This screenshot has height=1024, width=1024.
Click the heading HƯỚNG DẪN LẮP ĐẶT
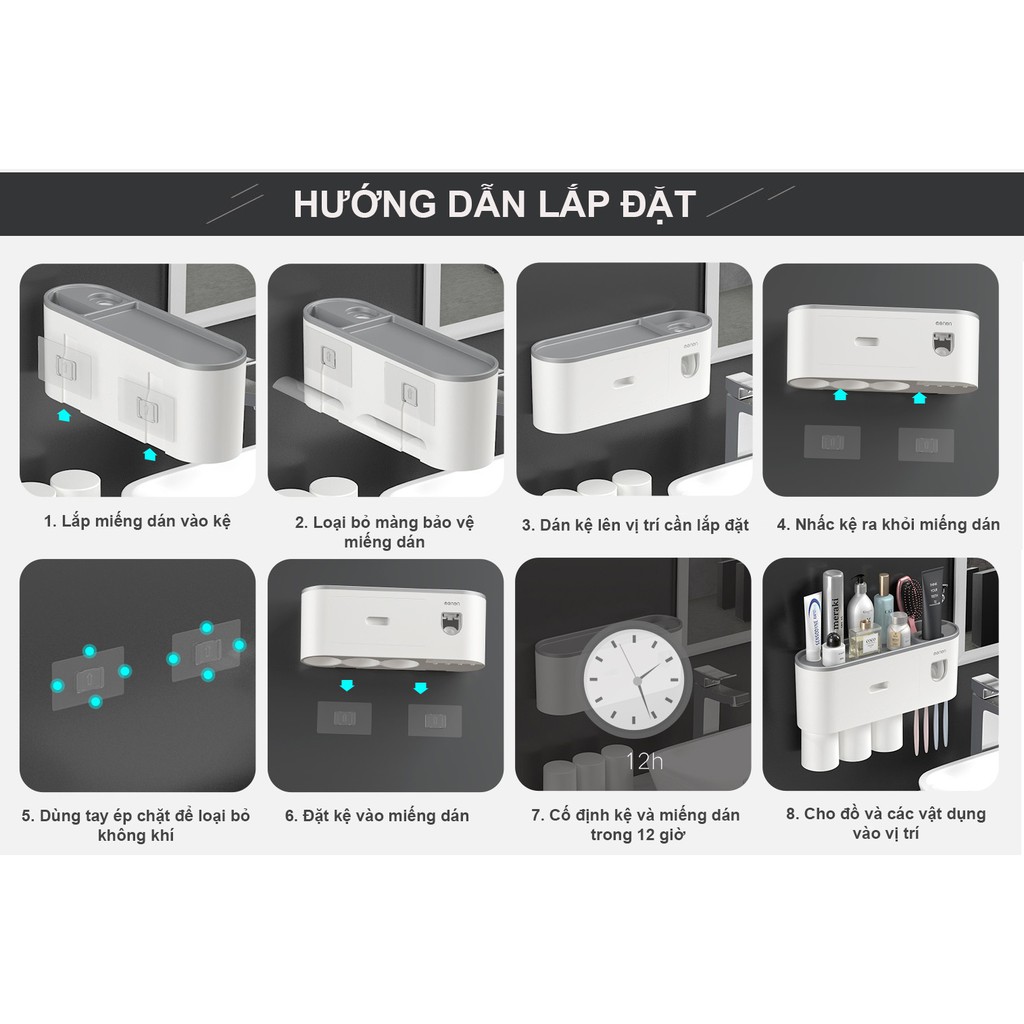click(x=494, y=204)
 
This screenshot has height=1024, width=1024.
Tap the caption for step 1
click(x=137, y=521)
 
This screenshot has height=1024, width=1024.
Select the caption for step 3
click(x=635, y=525)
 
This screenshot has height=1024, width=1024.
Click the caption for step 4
click(x=888, y=524)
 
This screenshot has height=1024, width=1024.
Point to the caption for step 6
click(x=377, y=816)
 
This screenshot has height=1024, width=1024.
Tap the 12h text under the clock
click(x=644, y=761)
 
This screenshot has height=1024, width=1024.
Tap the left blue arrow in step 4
click(x=840, y=394)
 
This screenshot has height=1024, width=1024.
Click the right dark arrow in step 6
click(x=421, y=687)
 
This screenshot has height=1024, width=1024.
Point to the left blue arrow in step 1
click(x=63, y=415)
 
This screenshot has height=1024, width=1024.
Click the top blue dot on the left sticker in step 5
click(x=89, y=650)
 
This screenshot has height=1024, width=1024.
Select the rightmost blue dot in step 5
click(x=239, y=645)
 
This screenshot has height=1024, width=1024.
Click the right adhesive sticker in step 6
click(x=434, y=720)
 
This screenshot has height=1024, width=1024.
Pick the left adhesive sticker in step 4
click(x=832, y=443)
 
